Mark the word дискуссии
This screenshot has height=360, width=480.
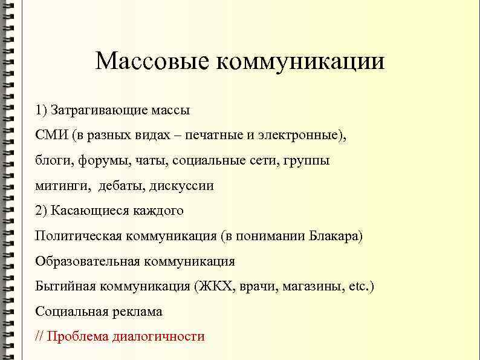point(181,186)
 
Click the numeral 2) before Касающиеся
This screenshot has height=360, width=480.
point(41,211)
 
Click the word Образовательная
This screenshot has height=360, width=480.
point(87,261)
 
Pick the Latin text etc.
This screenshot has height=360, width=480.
point(360,286)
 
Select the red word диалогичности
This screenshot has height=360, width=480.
point(158,336)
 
